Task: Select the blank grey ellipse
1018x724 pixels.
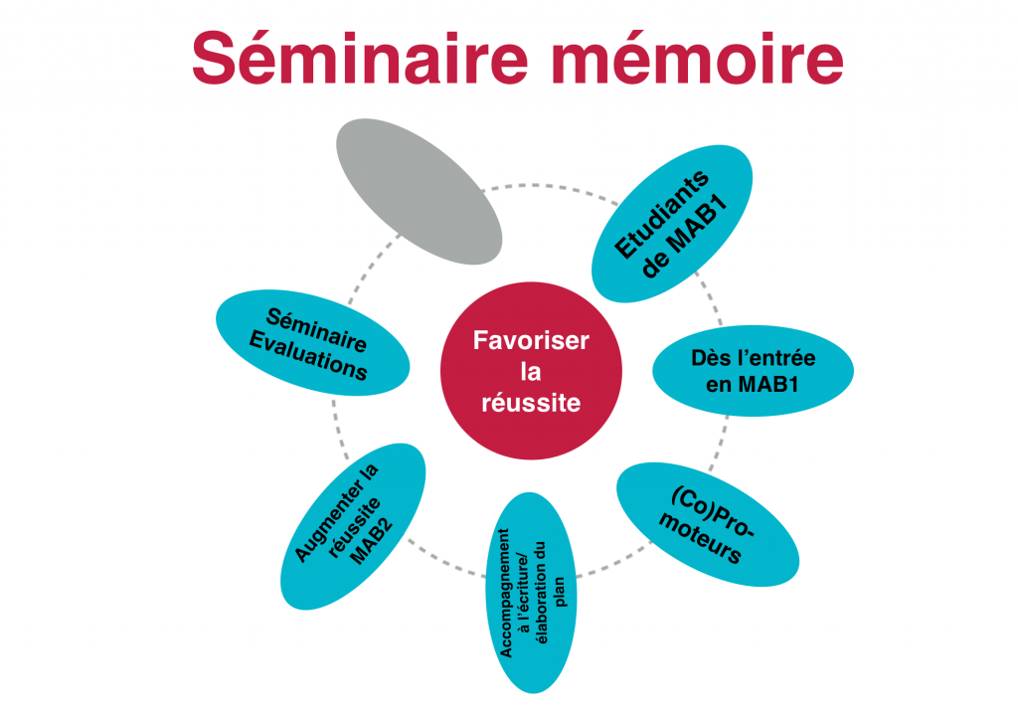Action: pyautogui.click(x=419, y=192)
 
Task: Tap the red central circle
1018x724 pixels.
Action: pyautogui.click(x=531, y=371)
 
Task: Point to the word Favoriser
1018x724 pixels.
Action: pyautogui.click(x=531, y=340)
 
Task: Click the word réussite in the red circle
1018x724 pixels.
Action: pyautogui.click(x=531, y=403)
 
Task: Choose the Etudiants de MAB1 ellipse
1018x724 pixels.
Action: pyautogui.click(x=672, y=224)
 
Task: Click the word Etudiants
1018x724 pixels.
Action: pyautogui.click(x=660, y=214)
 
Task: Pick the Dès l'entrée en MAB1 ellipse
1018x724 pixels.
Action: pyautogui.click(x=754, y=371)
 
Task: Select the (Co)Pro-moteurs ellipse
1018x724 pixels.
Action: pyautogui.click(x=708, y=525)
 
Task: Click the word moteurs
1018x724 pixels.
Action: pyautogui.click(x=700, y=539)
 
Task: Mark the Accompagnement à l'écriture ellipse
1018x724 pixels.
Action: pyautogui.click(x=531, y=593)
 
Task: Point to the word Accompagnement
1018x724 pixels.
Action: pyautogui.click(x=505, y=593)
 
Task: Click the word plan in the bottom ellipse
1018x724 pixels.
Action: pyautogui.click(x=560, y=593)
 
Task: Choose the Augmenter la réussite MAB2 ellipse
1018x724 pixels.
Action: pyautogui.click(x=353, y=527)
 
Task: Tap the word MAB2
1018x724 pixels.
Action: pyautogui.click(x=372, y=542)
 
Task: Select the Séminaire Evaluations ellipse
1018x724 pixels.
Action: pyautogui.click(x=313, y=343)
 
